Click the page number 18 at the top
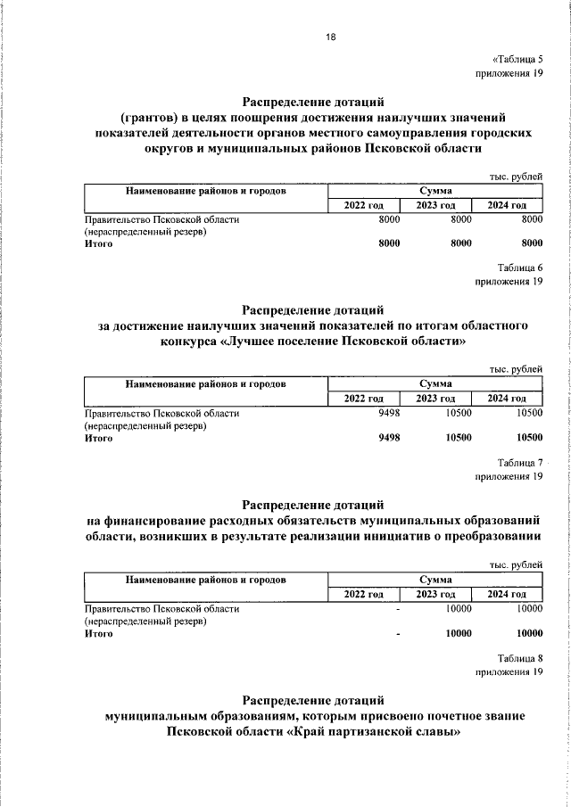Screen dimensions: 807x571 pyautogui.click(x=329, y=37)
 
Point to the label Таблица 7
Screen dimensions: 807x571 pyautogui.click(x=520, y=462)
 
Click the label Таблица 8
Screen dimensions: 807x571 pyautogui.click(x=520, y=656)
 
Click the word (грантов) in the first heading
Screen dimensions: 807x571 pyautogui.click(x=152, y=117)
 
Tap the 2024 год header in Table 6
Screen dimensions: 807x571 pyautogui.click(x=507, y=399)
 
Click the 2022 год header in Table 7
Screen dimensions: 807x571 pyautogui.click(x=363, y=594)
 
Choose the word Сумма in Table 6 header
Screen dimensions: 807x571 pyautogui.click(x=435, y=384)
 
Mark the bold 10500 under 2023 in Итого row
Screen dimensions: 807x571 pyautogui.click(x=458, y=437)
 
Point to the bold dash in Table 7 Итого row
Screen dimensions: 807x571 pyautogui.click(x=398, y=634)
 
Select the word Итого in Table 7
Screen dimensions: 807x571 pyautogui.click(x=98, y=634)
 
